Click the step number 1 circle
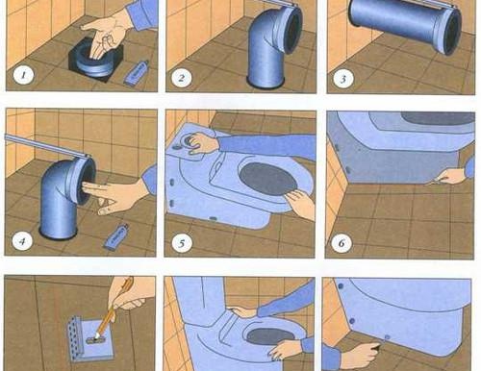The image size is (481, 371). pyautogui.click(x=23, y=76)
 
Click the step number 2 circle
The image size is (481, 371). pyautogui.click(x=182, y=78)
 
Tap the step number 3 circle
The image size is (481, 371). pyautogui.click(x=342, y=79)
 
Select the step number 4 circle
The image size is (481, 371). pyautogui.click(x=22, y=240)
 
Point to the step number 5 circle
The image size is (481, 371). pyautogui.click(x=182, y=243)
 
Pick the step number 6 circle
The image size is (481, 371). pyautogui.click(x=342, y=243)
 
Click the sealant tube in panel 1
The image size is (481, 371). pyautogui.click(x=137, y=73)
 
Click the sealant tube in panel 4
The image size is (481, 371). pyautogui.click(x=116, y=236)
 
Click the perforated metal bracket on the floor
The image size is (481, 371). pyautogui.click(x=90, y=338)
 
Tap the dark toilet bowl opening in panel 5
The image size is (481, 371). pyautogui.click(x=267, y=179)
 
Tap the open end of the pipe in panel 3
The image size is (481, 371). pyautogui.click(x=452, y=31)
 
